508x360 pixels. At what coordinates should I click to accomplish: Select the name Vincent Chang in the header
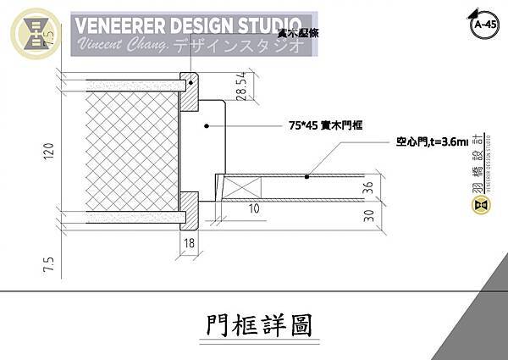pyautogui.click(x=122, y=43)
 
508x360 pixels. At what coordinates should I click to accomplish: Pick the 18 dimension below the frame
pyautogui.click(x=189, y=242)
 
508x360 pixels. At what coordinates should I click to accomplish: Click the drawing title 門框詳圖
pyautogui.click(x=254, y=325)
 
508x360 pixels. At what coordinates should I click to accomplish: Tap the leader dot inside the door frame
pyautogui.click(x=206, y=125)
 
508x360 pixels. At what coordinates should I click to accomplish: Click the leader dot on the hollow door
pyautogui.click(x=308, y=175)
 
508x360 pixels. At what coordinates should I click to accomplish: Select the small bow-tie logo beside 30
pyautogui.click(x=480, y=204)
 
